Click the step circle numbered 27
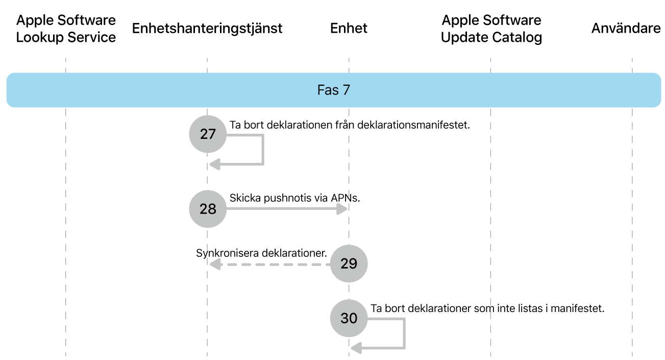208,134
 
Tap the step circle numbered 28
208,209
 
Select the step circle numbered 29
349,263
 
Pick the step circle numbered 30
349,318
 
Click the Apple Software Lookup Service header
66,29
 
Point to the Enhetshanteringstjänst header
207,28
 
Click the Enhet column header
349,28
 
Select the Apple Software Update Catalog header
491,29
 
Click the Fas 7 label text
334,90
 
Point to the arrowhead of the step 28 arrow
342,209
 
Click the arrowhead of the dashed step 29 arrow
214,264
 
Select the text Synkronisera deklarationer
261,253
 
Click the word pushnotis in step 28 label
286,198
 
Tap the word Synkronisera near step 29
227,253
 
